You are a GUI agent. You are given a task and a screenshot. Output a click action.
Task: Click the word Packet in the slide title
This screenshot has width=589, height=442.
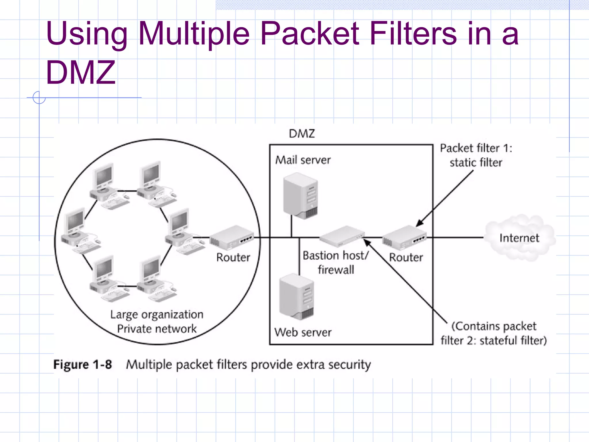point(309,34)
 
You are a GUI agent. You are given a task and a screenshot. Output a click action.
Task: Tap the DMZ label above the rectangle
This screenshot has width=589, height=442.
point(302,134)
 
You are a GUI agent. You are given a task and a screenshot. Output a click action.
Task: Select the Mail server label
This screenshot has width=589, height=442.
point(303,160)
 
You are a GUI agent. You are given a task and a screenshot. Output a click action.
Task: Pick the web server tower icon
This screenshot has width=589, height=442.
point(297,297)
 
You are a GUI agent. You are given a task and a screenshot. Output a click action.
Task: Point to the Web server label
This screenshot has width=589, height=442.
point(303,332)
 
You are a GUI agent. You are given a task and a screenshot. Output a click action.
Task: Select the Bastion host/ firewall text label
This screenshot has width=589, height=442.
point(336,262)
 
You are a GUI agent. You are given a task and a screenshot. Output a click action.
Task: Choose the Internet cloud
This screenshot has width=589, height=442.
point(519,238)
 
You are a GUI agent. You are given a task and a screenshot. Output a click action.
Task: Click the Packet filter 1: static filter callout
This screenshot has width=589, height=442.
point(476,155)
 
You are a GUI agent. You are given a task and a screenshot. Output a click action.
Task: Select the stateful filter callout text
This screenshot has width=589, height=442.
point(494,333)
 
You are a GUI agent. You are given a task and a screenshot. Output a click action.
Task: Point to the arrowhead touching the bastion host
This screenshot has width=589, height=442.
point(367,242)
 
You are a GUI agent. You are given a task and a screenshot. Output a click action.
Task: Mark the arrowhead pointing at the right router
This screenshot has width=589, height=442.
point(420,223)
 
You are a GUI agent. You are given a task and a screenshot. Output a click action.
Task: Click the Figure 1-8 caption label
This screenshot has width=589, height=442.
point(83,365)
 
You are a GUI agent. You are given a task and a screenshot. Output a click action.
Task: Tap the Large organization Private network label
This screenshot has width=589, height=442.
point(157,321)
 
